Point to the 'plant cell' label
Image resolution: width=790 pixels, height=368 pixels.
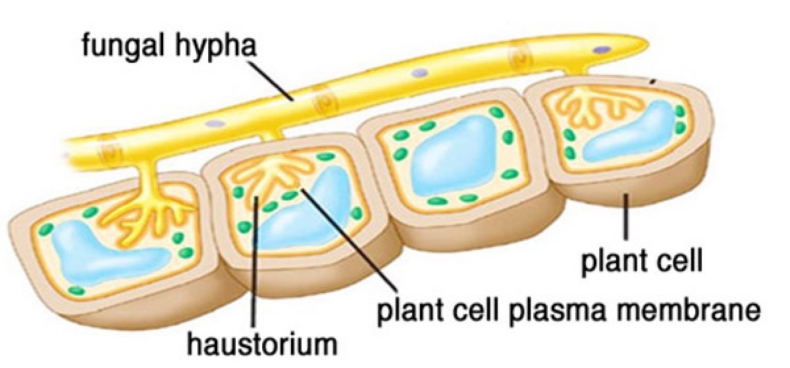click(641, 261)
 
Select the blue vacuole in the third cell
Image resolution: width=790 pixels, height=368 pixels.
click(450, 160)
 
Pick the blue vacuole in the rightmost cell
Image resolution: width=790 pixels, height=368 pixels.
click(628, 136)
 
